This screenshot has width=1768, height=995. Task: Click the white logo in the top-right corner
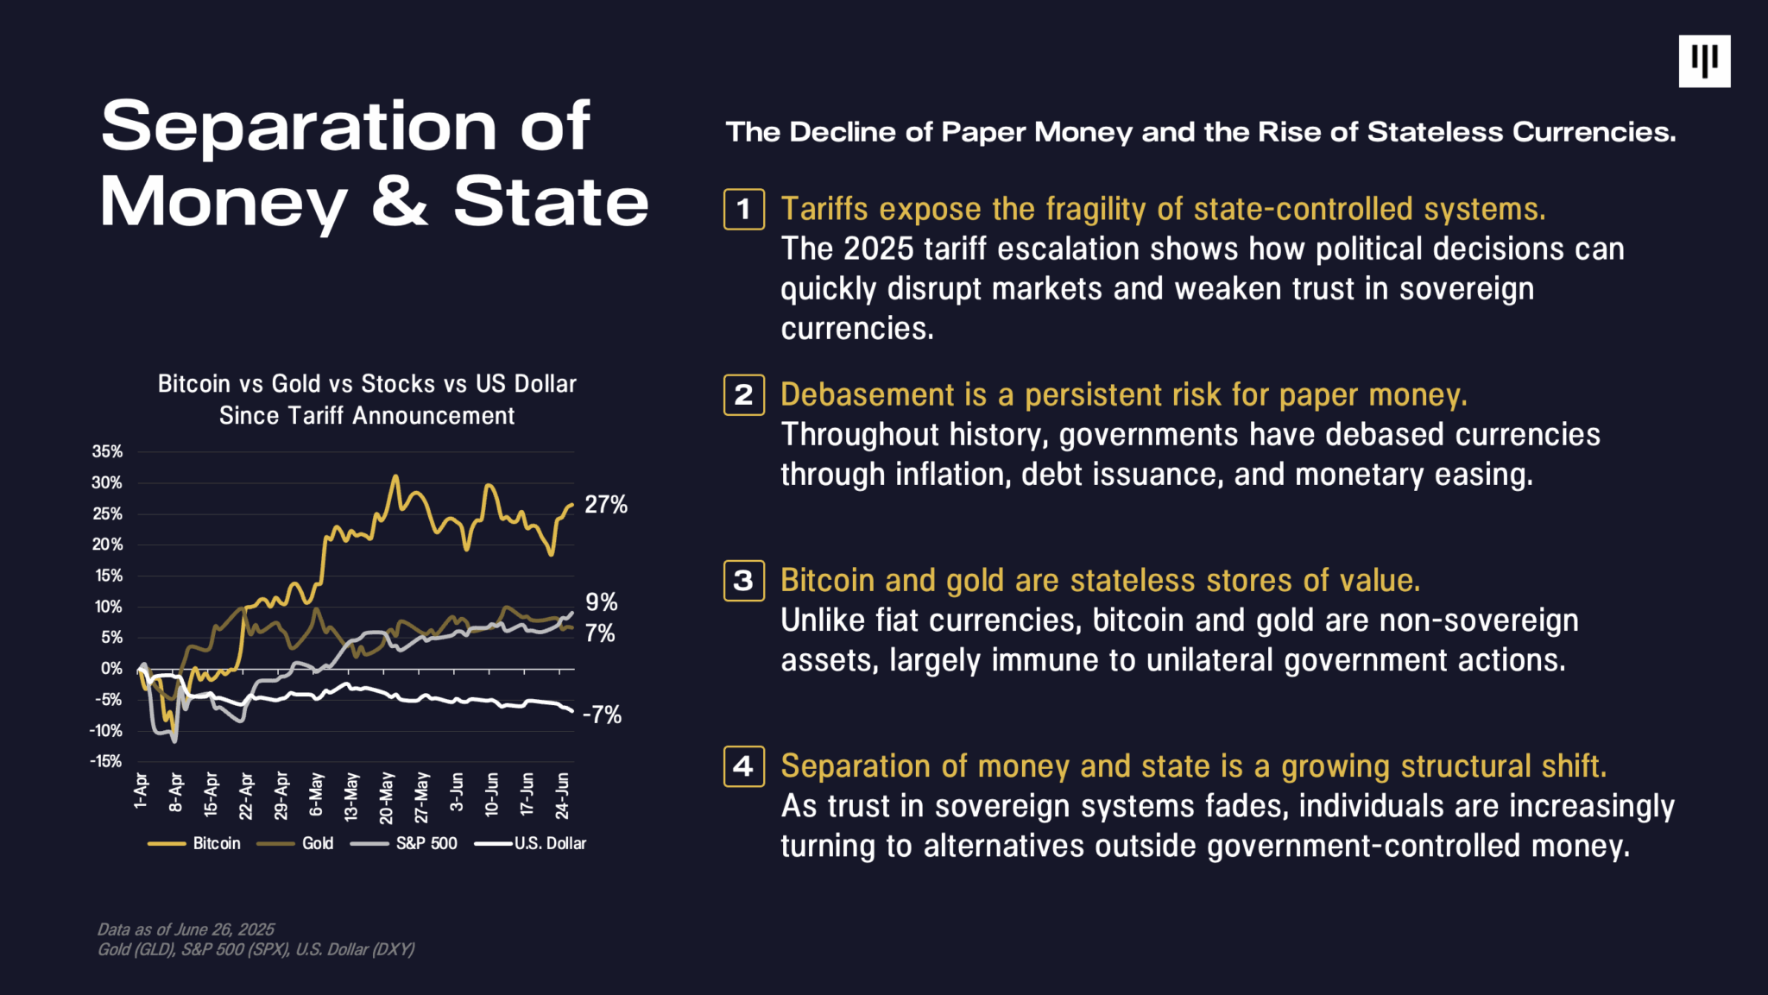pos(1704,61)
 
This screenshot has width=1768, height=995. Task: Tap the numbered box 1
pos(743,209)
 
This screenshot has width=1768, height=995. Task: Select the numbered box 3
pos(743,581)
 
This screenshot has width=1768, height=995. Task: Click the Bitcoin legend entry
pos(195,843)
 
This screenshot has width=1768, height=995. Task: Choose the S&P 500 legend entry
pos(405,843)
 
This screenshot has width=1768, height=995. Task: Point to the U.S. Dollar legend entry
pos(531,843)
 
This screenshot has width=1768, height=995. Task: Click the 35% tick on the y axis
pos(108,451)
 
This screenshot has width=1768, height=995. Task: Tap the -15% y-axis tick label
pos(106,761)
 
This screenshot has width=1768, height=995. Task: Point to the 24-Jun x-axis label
pos(562,795)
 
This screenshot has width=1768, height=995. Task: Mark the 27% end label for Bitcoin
pos(606,505)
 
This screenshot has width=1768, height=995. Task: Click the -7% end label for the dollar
pos(603,715)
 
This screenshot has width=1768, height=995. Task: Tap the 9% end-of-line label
pos(602,601)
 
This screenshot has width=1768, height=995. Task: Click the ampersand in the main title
pos(400,202)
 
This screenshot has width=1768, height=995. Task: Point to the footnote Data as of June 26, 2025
pos(186,929)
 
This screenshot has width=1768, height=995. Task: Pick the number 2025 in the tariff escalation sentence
pos(878,249)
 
